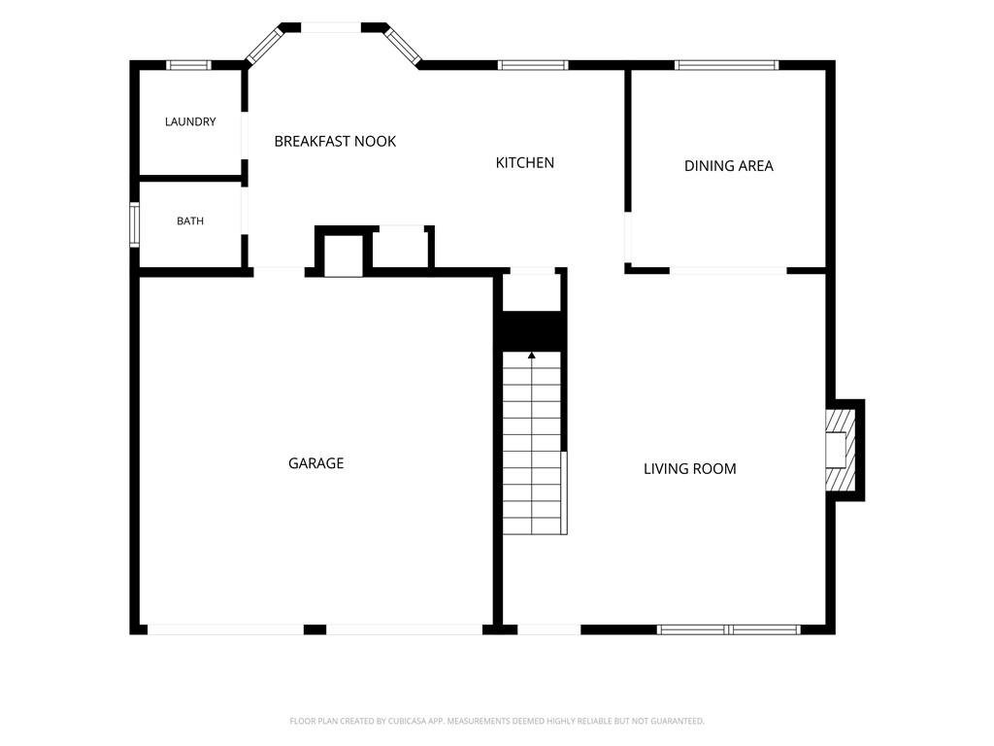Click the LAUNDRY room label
click(x=190, y=121)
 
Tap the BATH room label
click(x=190, y=220)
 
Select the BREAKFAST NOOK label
click(x=335, y=141)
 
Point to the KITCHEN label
click(x=525, y=162)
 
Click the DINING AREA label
click(x=728, y=165)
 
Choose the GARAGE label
click(x=315, y=463)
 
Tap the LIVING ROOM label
click(x=690, y=469)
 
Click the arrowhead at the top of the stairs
click(x=531, y=356)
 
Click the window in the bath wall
click(x=134, y=224)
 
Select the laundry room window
click(x=189, y=65)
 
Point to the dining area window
click(x=726, y=65)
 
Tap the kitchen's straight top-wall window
click(x=533, y=65)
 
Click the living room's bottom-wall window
click(x=728, y=629)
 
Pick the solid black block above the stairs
click(x=532, y=331)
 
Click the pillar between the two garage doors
click(x=315, y=629)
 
